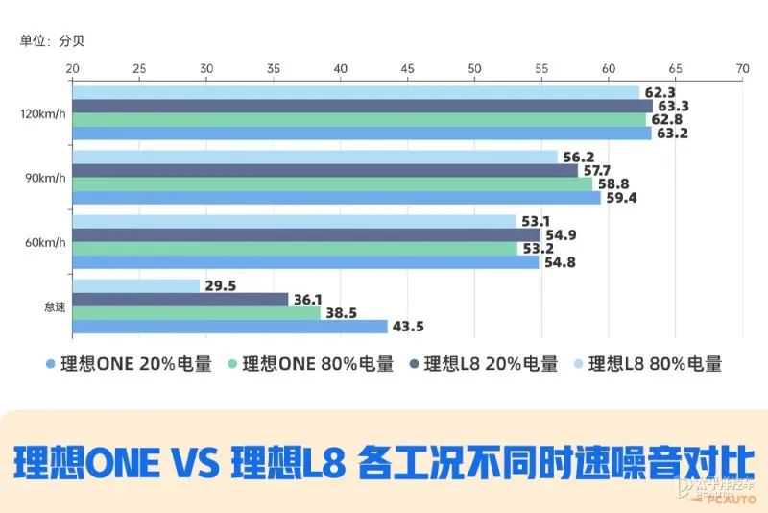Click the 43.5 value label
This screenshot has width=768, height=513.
pos(408,327)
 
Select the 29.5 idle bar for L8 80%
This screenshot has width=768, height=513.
pos(135,285)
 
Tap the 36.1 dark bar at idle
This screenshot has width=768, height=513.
pos(180,299)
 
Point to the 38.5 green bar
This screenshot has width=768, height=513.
pos(196,312)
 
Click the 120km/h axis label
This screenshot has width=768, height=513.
pos(42,113)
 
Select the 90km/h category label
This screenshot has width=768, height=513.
pos(44,178)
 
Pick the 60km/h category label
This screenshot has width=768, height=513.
pos(44,242)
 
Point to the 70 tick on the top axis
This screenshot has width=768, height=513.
pos(742,69)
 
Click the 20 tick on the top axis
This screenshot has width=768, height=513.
pos(72,69)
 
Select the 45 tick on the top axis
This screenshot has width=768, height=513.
pos(407,69)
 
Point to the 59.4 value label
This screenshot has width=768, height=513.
pos(621,198)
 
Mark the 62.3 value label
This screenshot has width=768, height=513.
pos(660,92)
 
